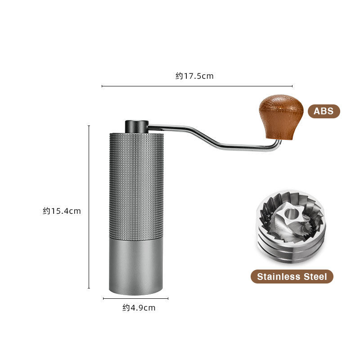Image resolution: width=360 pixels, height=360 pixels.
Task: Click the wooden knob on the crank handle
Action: tap(275, 115)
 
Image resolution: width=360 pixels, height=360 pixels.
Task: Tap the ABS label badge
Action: tap(324, 111)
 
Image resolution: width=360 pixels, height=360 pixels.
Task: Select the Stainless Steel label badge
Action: tap(292, 276)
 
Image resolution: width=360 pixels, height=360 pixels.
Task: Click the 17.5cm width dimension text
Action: tap(194, 76)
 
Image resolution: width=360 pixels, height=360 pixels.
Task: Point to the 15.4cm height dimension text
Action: tap(62, 211)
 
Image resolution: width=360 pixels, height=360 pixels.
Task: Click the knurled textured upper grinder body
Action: tap(136, 184)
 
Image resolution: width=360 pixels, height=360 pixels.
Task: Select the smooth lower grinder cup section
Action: tap(136, 265)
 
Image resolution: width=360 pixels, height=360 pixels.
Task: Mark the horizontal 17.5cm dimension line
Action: tap(197, 86)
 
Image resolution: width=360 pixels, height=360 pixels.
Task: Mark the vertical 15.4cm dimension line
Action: tap(89, 207)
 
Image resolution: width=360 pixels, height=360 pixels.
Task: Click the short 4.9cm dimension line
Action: tap(135, 298)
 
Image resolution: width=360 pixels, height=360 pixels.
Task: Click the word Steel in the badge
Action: tap(315, 276)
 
